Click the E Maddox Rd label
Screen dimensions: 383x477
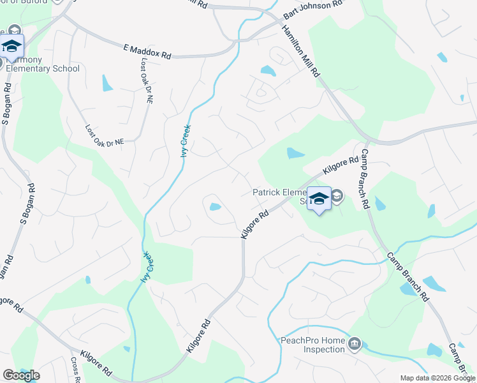click(147, 52)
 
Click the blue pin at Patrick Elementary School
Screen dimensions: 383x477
click(319, 200)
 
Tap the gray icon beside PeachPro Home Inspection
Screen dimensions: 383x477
click(355, 345)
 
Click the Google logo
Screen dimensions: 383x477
click(21, 375)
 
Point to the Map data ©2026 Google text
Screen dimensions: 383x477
click(437, 378)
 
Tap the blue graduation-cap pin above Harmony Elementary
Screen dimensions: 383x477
click(11, 47)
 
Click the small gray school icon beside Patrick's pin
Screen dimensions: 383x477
click(337, 195)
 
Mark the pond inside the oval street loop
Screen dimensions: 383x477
click(215, 207)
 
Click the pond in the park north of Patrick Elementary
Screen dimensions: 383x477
click(295, 153)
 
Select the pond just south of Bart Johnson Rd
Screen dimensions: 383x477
click(268, 70)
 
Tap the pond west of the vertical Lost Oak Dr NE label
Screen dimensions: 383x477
click(106, 82)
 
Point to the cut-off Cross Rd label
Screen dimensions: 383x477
click(75, 371)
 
